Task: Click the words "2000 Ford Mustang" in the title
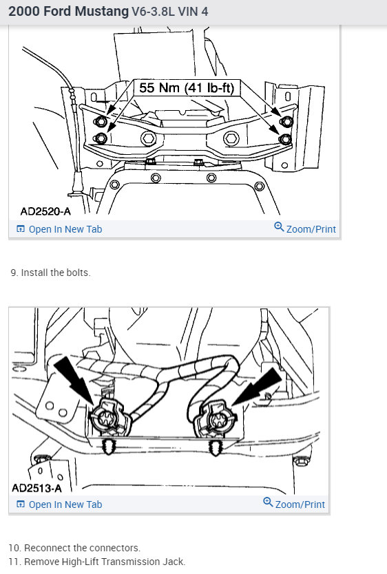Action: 68,12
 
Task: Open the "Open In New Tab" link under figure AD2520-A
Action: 65,229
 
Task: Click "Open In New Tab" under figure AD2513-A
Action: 65,504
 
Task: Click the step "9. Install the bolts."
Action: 50,273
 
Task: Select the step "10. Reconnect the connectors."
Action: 74,548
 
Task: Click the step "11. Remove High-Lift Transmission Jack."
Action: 97,562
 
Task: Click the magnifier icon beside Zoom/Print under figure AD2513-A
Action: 268,502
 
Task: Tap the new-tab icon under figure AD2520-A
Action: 21,229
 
